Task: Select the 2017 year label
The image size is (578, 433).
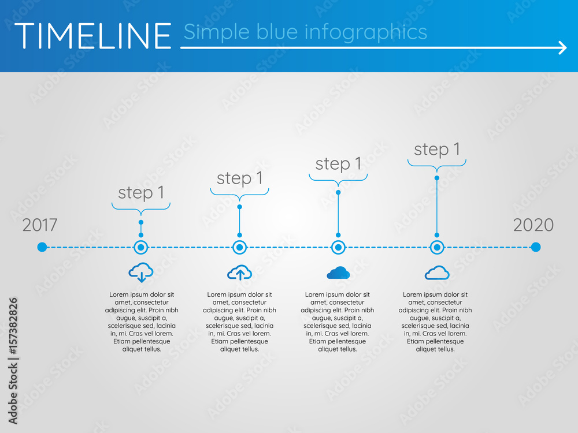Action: pyautogui.click(x=40, y=225)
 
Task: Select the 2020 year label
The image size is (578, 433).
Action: pyautogui.click(x=533, y=225)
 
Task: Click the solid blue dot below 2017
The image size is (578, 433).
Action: pyautogui.click(x=42, y=247)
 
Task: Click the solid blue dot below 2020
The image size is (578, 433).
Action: pyautogui.click(x=536, y=247)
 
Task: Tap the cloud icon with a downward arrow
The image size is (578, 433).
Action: pyautogui.click(x=141, y=271)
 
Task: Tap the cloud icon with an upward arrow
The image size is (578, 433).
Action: pyautogui.click(x=240, y=273)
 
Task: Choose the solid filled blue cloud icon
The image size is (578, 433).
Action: pyautogui.click(x=338, y=273)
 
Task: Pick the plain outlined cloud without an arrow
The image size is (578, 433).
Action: pyautogui.click(x=437, y=273)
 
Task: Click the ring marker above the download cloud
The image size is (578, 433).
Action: pyautogui.click(x=141, y=247)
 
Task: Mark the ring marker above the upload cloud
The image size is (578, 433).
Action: pyautogui.click(x=240, y=247)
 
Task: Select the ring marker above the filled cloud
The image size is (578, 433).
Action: pyautogui.click(x=338, y=247)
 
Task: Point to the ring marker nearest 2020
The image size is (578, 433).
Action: pyautogui.click(x=437, y=247)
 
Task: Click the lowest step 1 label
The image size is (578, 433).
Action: pyautogui.click(x=141, y=193)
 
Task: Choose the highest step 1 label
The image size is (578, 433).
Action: pyautogui.click(x=437, y=150)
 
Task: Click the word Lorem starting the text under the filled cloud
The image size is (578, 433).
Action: pyautogui.click(x=314, y=294)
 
